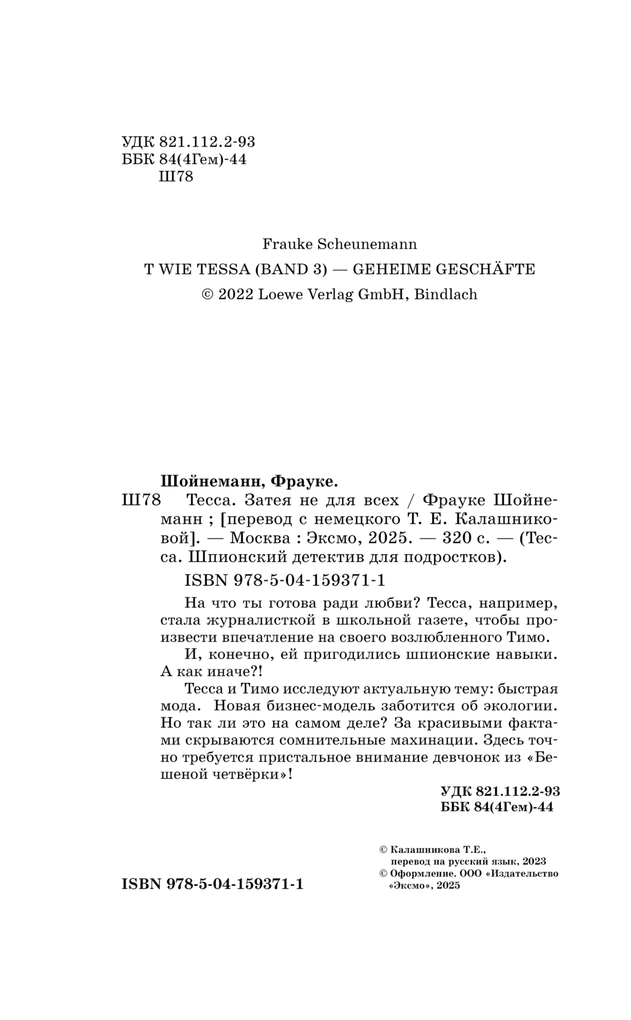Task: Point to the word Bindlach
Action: [450, 295]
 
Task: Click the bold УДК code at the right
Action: [500, 792]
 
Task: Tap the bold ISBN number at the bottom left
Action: [213, 884]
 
